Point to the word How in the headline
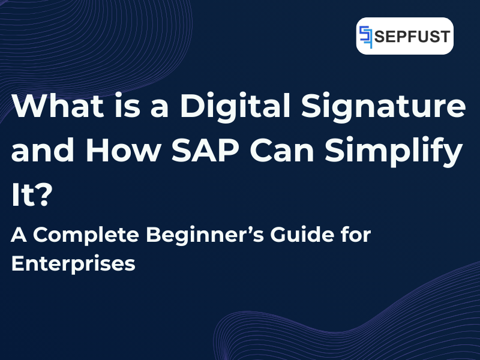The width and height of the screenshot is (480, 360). click(120, 151)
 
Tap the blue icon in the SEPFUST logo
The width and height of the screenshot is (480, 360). click(367, 36)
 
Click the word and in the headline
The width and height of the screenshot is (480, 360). click(40, 151)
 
